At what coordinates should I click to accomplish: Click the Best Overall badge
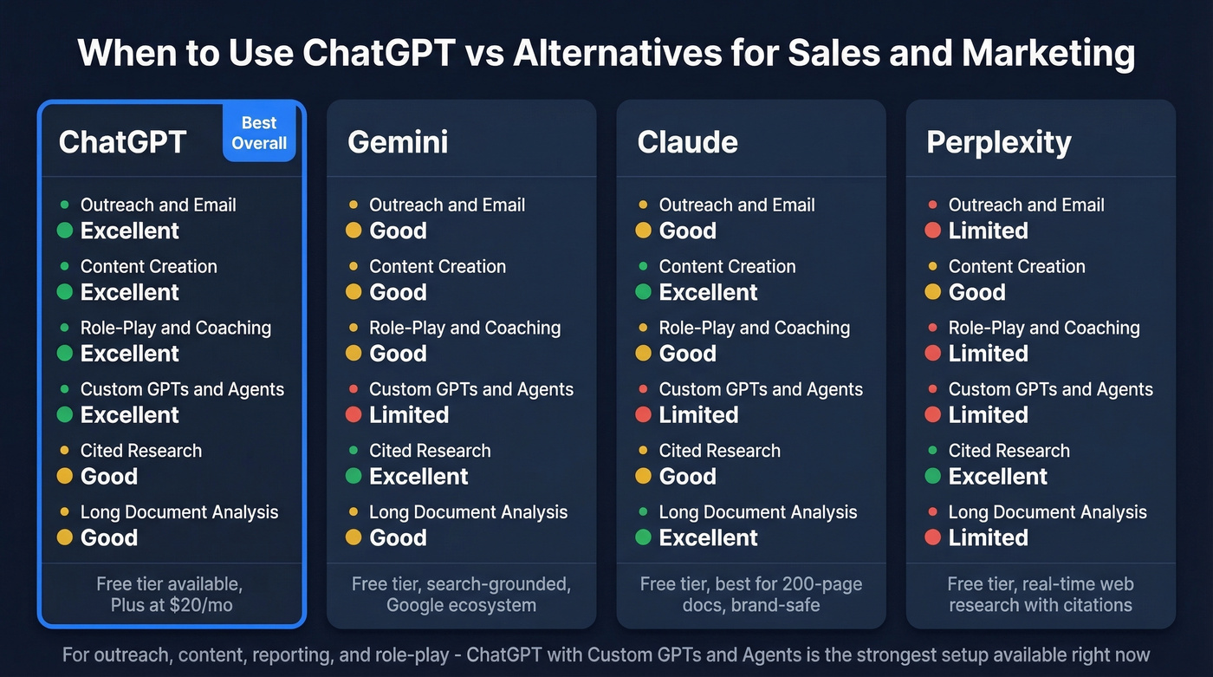259,133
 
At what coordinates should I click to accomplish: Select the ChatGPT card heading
122,142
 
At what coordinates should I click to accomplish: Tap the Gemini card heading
398,142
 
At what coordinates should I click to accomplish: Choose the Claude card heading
687,142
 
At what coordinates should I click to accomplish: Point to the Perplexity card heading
998,142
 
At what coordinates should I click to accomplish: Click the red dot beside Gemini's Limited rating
354,415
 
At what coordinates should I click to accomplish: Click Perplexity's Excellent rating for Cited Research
997,477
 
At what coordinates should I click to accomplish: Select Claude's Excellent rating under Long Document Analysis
708,538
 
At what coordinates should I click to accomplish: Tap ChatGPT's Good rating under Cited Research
108,477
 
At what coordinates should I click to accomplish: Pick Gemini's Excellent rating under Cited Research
418,477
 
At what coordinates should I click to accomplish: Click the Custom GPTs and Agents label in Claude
761,389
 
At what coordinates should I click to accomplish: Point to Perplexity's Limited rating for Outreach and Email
988,231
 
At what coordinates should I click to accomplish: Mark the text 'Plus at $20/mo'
172,605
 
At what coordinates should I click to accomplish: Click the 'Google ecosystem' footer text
461,605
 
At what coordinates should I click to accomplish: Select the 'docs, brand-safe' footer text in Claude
750,605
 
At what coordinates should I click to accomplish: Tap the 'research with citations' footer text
1040,605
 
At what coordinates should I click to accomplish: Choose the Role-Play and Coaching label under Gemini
464,328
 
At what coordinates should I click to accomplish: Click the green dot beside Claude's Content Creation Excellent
643,292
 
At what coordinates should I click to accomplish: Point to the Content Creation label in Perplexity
1016,266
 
